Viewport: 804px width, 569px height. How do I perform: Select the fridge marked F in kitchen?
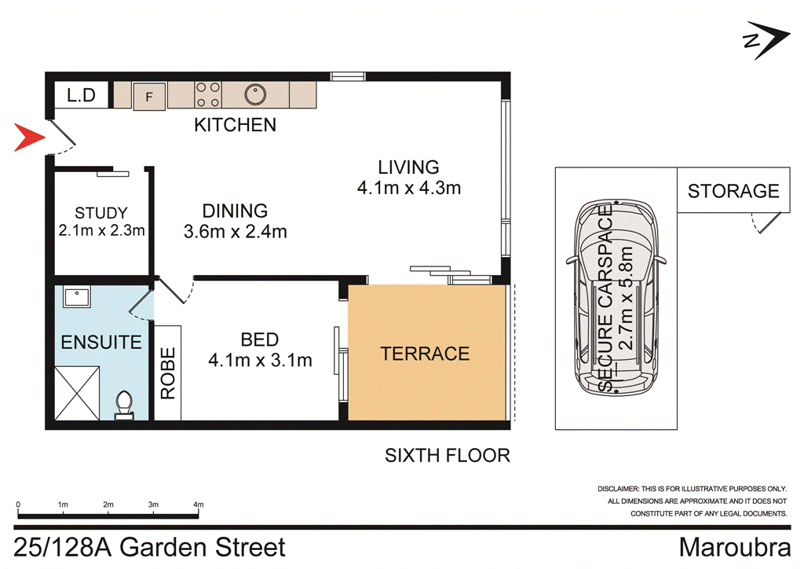click(149, 95)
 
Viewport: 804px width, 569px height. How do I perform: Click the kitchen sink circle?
click(254, 94)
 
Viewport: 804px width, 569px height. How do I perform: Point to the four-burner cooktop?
click(207, 95)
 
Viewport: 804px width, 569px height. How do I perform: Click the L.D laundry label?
click(81, 96)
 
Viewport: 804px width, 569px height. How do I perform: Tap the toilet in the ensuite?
click(124, 405)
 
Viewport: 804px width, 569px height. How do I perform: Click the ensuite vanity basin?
click(77, 297)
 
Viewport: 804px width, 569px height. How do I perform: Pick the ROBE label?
click(167, 373)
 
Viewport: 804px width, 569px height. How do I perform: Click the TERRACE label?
click(425, 354)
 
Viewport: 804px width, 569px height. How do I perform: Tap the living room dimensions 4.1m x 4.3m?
click(407, 188)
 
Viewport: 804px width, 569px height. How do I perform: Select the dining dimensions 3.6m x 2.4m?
click(235, 232)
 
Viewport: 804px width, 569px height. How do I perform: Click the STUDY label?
click(100, 212)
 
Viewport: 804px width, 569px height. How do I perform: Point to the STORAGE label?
click(733, 191)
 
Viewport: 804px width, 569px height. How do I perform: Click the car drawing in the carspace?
click(617, 299)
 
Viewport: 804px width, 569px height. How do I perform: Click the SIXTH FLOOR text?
click(447, 455)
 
